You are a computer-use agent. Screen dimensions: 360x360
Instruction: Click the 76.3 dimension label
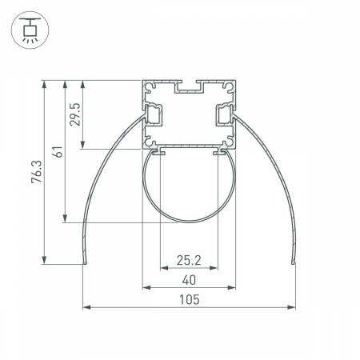[37, 171]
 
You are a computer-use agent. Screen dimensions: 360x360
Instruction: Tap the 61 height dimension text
[58, 152]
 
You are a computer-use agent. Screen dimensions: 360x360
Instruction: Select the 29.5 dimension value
[75, 114]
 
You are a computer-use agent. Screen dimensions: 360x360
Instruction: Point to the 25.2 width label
[189, 260]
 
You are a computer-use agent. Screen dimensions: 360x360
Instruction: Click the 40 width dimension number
[189, 280]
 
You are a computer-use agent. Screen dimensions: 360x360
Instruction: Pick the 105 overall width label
[189, 299]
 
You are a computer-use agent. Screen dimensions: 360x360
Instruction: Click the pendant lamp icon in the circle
[30, 30]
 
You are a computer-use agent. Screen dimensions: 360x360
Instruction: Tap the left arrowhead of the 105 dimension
[86, 307]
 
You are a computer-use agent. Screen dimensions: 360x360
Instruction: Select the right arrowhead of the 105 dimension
[291, 307]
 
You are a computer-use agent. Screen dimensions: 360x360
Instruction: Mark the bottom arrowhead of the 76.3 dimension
[44, 260]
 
